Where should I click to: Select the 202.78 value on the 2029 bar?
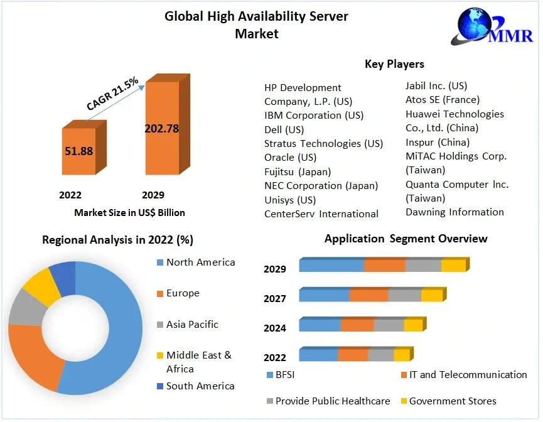[161, 129]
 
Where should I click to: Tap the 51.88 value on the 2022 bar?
[78, 151]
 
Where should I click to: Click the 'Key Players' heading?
[394, 64]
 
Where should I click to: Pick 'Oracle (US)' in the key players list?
[290, 157]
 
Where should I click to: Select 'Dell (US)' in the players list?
[284, 129]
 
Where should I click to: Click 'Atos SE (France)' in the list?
[442, 99]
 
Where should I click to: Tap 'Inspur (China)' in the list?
[437, 142]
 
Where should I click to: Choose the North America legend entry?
[200, 262]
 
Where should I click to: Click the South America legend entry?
[200, 386]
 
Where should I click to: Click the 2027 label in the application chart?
[275, 298]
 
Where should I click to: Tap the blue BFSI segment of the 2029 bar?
[331, 266]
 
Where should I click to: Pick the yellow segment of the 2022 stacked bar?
[401, 355]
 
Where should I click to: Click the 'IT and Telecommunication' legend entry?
[468, 375]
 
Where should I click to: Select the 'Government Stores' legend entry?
[452, 401]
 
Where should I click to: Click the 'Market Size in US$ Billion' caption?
[129, 212]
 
